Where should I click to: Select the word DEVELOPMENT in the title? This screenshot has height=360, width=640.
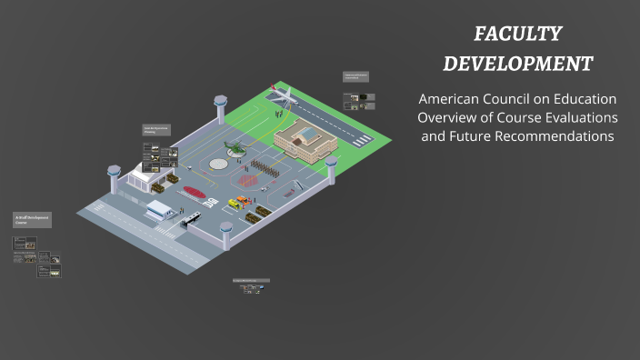click(x=518, y=64)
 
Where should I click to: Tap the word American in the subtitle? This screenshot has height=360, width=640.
click(x=455, y=99)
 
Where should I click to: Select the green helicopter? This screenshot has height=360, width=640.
click(x=235, y=147)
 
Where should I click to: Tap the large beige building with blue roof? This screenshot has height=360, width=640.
click(x=305, y=140)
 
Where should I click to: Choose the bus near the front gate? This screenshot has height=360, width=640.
click(x=191, y=218)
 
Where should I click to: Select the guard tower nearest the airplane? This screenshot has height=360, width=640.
click(x=220, y=107)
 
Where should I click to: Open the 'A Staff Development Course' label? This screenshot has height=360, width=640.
click(x=32, y=219)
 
